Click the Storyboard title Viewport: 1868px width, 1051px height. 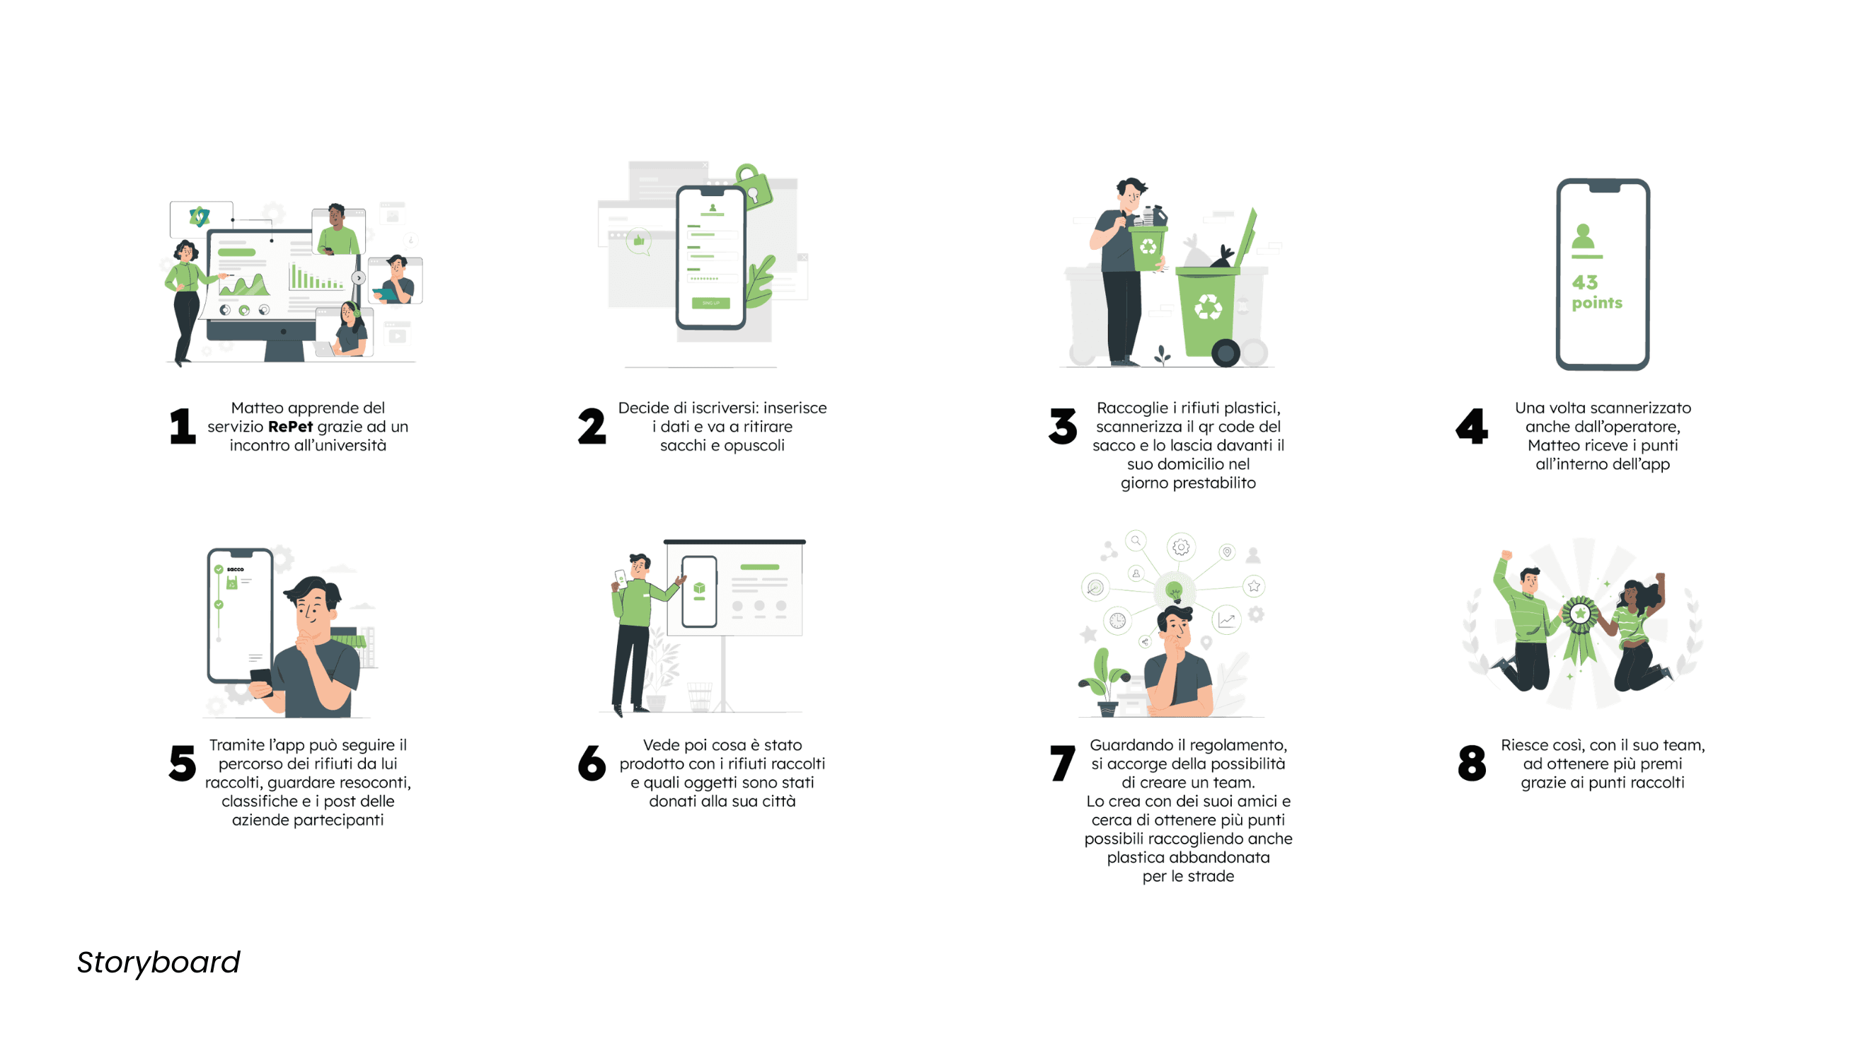[x=158, y=963]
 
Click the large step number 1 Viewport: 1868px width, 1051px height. [x=183, y=426]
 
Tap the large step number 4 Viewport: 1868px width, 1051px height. [x=1471, y=426]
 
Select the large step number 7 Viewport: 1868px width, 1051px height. [x=1062, y=763]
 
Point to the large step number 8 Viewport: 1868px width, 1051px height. [x=1471, y=763]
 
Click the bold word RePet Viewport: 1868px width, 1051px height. [x=290, y=427]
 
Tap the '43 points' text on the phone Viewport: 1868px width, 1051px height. [x=1596, y=292]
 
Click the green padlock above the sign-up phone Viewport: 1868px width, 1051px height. [x=754, y=186]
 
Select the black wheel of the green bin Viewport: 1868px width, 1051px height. [x=1226, y=353]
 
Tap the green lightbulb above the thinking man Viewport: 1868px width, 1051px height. [x=1174, y=591]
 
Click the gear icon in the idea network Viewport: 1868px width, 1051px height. [x=1180, y=547]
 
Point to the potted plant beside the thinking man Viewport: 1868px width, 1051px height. [x=1105, y=682]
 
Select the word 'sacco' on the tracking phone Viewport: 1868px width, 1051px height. [x=235, y=570]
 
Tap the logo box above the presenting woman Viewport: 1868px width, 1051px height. [x=201, y=219]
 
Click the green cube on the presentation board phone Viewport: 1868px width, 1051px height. [x=699, y=587]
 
